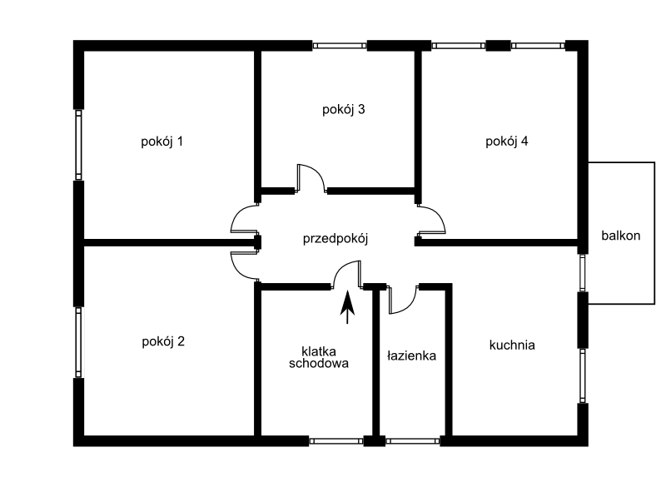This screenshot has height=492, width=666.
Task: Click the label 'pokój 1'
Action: (162, 142)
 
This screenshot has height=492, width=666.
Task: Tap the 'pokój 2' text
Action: (163, 341)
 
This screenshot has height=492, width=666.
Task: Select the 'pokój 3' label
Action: (343, 110)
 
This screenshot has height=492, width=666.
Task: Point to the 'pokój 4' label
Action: (507, 142)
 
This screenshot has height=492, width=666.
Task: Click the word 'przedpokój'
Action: (335, 239)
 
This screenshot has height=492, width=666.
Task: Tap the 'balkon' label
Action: (620, 236)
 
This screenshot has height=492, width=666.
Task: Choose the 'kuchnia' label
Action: (512, 345)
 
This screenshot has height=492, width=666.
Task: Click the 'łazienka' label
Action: (411, 355)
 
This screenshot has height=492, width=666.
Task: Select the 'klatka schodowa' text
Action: (319, 357)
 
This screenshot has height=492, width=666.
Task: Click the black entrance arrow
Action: (347, 307)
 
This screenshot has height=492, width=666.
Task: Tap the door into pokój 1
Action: (245, 219)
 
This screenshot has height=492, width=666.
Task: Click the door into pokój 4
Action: (431, 219)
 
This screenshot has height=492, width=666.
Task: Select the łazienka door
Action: (403, 300)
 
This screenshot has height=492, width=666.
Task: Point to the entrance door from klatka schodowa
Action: (347, 275)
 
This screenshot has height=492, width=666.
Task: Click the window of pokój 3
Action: (340, 46)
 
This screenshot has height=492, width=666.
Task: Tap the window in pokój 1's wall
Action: (78, 145)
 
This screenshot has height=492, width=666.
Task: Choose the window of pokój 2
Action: (78, 342)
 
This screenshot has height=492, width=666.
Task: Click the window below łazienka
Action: (412, 441)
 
